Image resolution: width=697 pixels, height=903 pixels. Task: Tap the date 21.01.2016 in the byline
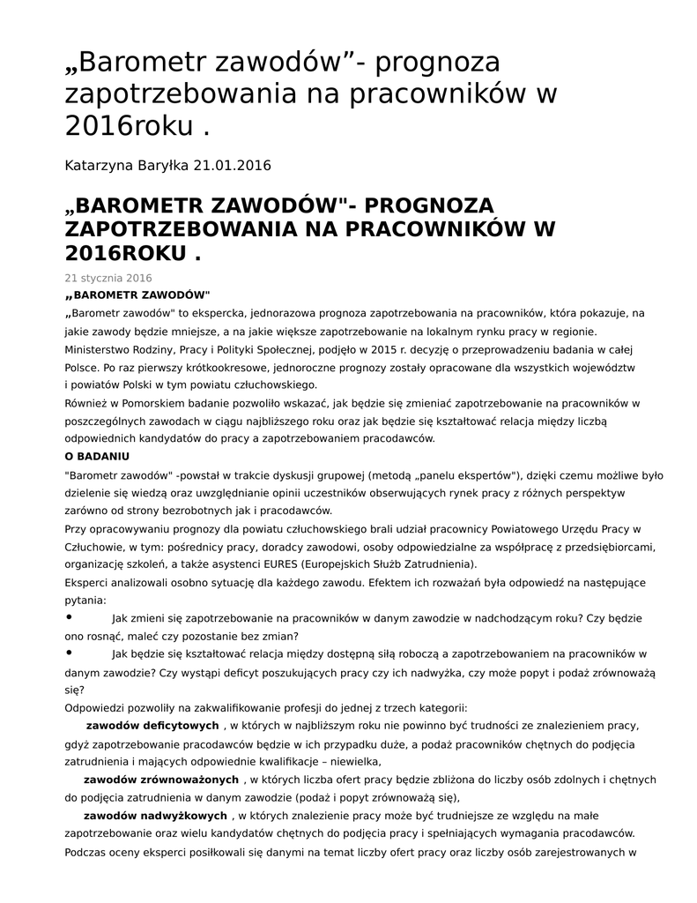point(232,165)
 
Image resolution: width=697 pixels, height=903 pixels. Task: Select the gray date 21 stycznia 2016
point(108,278)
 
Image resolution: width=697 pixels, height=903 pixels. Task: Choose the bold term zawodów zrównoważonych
point(160,780)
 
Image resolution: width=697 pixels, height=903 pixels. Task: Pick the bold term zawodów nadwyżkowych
point(156,816)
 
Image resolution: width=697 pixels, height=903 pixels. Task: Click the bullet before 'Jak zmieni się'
point(70,617)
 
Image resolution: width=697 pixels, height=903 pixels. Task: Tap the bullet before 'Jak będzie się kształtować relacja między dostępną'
point(70,653)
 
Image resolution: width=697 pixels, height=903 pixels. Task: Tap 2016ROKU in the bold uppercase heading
point(127,255)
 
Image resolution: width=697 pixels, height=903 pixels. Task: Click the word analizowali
point(149,582)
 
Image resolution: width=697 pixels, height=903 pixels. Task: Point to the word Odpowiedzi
point(97,707)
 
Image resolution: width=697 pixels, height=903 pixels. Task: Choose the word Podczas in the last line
point(86,852)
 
